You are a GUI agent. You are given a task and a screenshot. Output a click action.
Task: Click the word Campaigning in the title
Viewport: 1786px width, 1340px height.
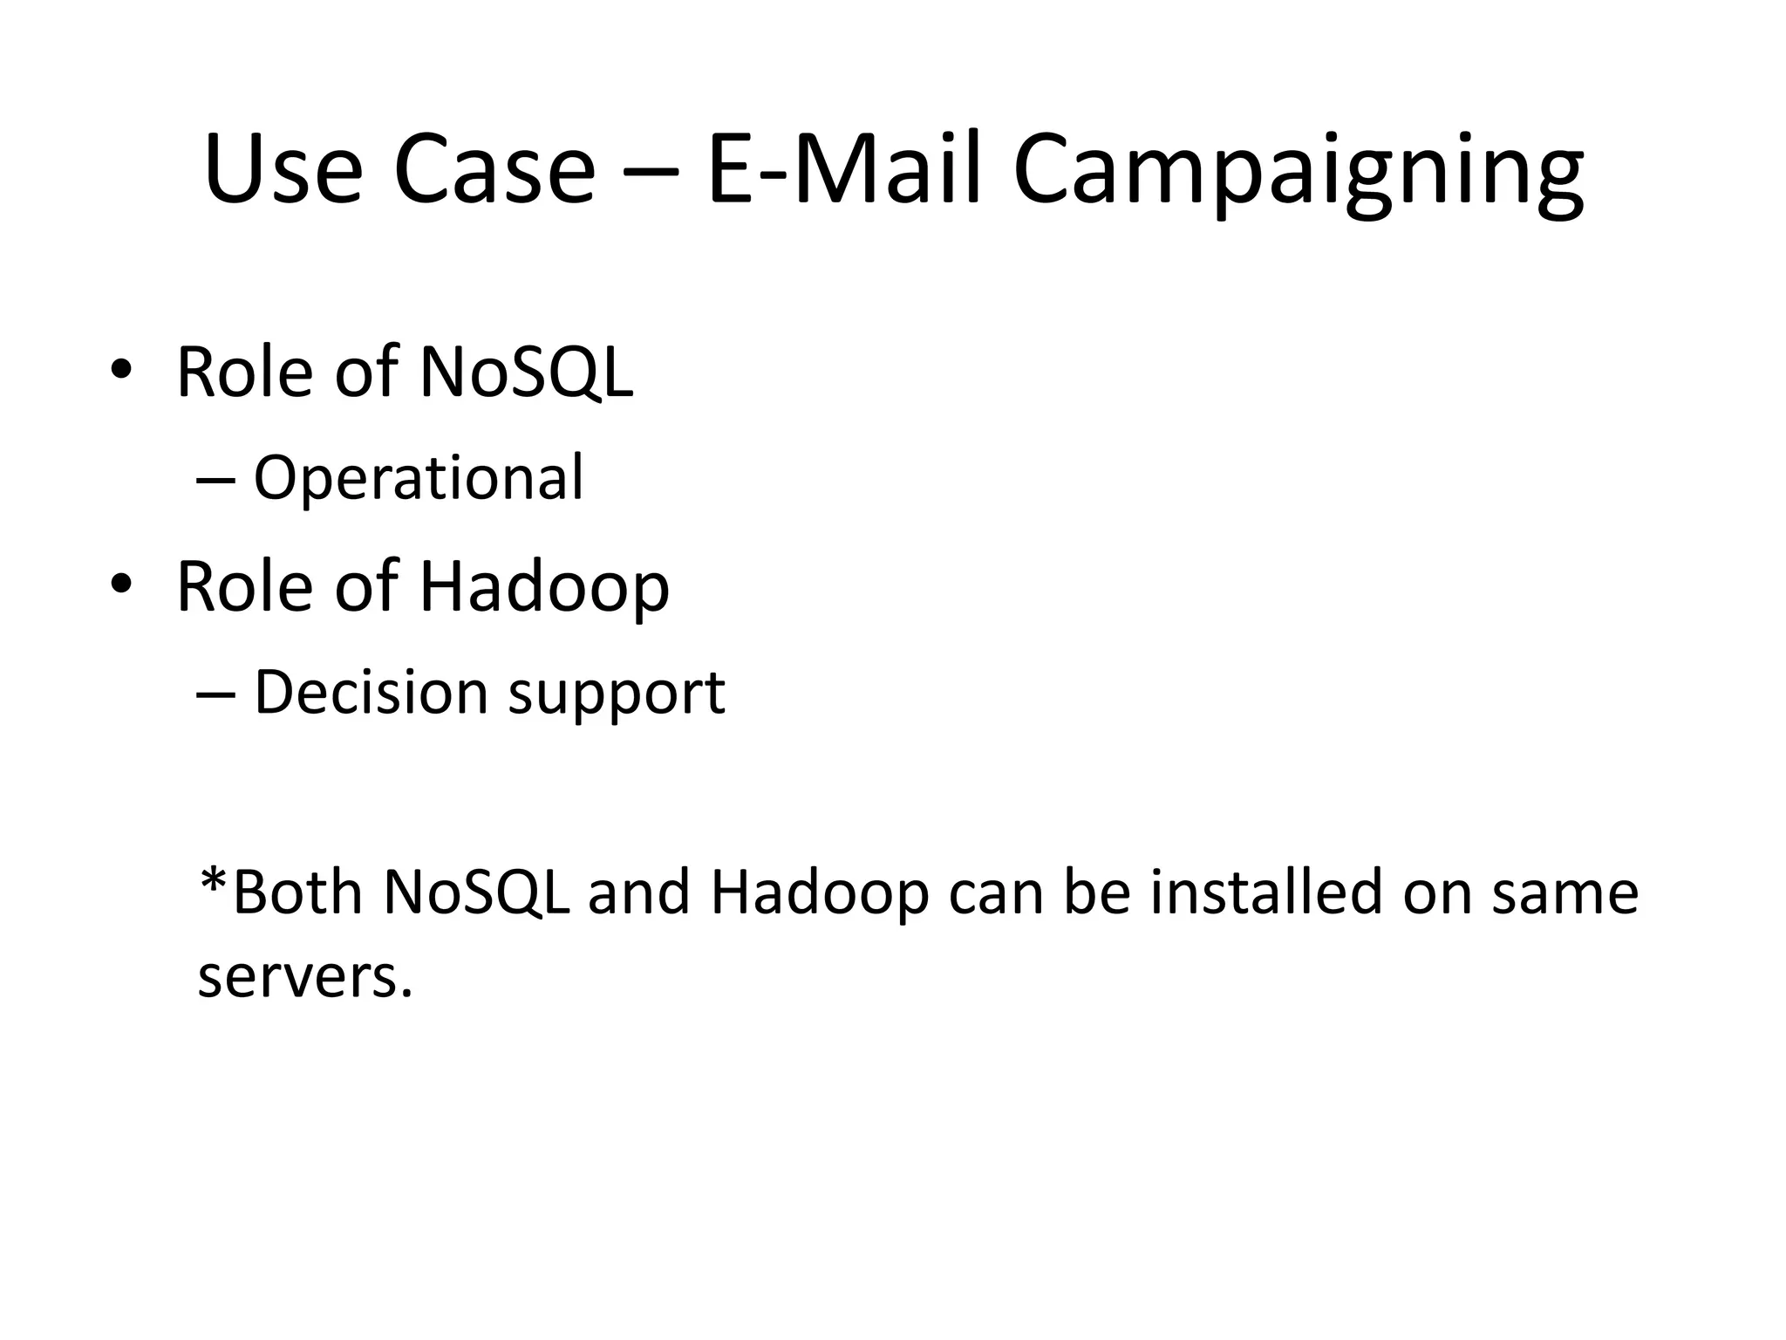pyautogui.click(x=1298, y=170)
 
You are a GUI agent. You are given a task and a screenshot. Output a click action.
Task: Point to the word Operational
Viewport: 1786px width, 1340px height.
pyautogui.click(x=419, y=478)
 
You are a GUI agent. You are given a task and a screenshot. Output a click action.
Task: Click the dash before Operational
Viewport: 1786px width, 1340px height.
pyautogui.click(x=215, y=481)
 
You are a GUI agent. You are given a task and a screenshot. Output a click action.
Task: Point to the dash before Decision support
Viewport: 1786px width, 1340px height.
pyautogui.click(x=215, y=694)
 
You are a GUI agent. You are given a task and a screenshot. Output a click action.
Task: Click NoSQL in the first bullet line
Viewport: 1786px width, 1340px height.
pyautogui.click(x=526, y=373)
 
